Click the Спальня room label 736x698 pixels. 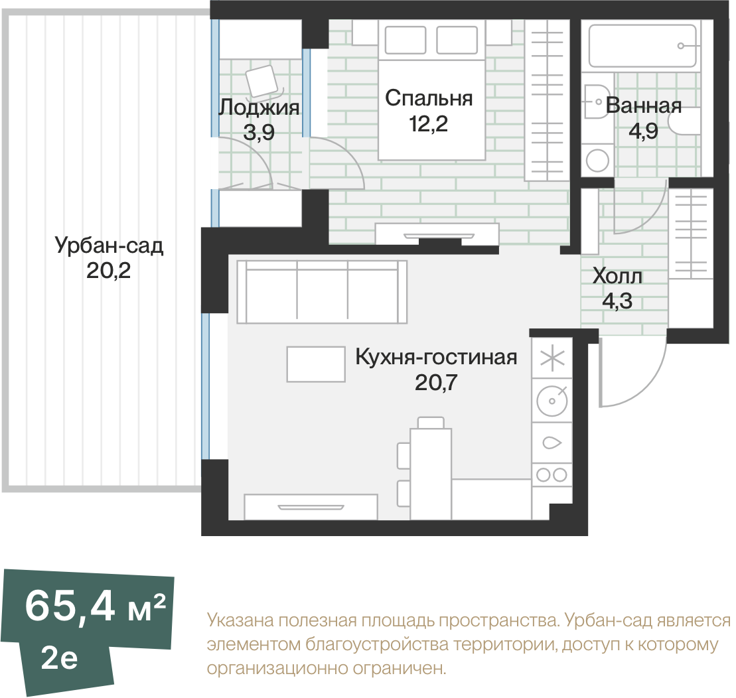tap(428, 99)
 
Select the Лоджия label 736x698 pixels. tap(259, 107)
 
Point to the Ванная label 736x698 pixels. tap(644, 105)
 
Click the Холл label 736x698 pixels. tap(617, 276)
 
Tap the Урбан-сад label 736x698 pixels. tap(109, 246)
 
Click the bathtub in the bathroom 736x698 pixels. tap(642, 46)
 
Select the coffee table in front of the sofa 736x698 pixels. tap(316, 364)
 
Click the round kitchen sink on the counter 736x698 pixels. tap(552, 400)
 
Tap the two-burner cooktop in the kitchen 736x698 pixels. tap(552, 474)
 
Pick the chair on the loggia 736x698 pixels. tap(263, 82)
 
